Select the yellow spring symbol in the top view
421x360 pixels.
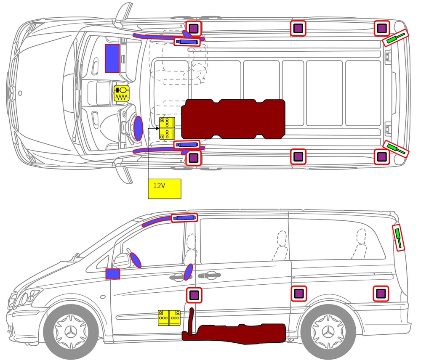[122, 93]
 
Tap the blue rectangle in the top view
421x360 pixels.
[112, 58]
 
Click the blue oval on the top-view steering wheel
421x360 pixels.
[138, 128]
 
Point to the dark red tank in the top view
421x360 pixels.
[233, 119]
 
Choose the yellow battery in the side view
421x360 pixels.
[169, 318]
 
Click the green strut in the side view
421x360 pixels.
[398, 238]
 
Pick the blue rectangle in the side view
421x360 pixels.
[113, 274]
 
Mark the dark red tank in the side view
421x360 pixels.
[236, 332]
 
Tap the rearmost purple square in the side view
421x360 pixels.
[381, 294]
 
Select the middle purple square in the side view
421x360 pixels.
[298, 293]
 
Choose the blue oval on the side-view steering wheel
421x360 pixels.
[136, 260]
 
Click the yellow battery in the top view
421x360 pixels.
[167, 129]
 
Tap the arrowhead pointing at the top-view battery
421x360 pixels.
[157, 129]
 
